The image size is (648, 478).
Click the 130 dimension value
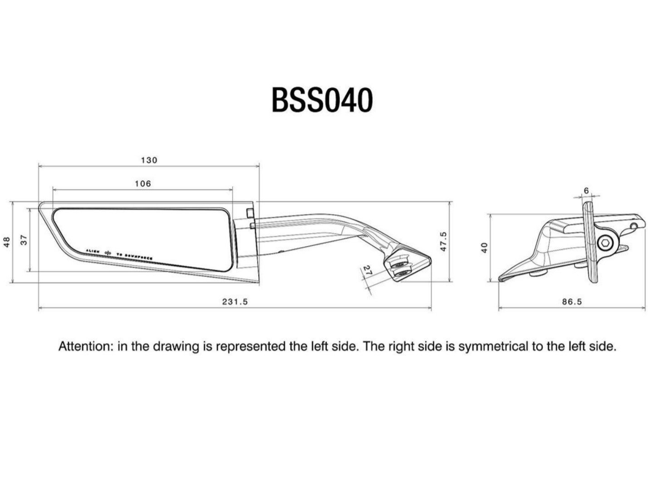tap(149, 160)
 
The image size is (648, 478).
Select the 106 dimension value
tap(143, 184)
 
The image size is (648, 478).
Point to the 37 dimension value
tap(25, 240)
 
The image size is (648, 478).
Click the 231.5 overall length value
tap(235, 302)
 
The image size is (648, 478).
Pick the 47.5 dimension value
tap(444, 241)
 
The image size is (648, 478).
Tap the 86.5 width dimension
tap(572, 302)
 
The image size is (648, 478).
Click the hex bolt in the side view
tap(604, 244)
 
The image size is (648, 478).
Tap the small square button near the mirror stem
tap(249, 213)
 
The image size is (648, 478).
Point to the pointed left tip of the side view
tap(500, 279)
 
